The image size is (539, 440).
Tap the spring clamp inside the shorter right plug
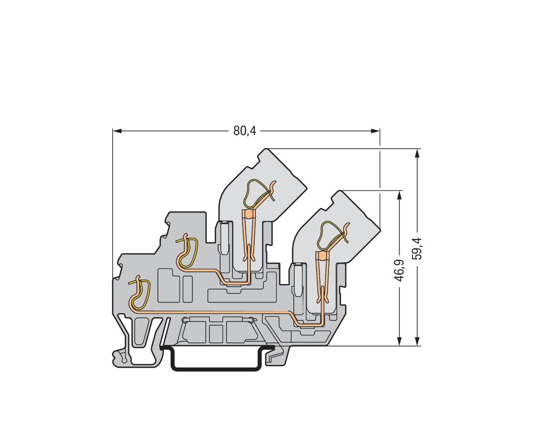pos(332,235)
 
